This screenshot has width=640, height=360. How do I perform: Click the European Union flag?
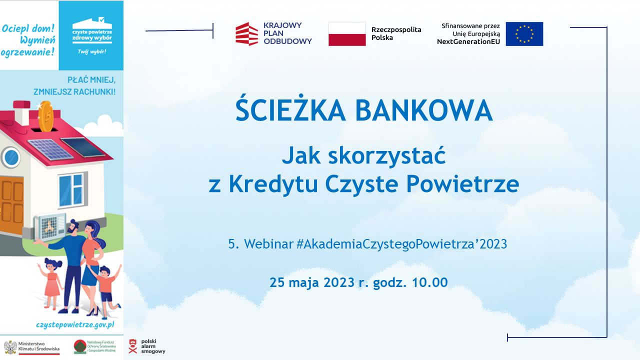point(524,34)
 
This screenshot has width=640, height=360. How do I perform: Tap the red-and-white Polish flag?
point(347,34)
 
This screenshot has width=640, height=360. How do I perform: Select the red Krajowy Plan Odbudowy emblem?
point(246,33)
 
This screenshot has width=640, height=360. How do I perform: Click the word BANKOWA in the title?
point(424,110)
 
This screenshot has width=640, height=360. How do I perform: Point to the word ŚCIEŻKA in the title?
point(290,110)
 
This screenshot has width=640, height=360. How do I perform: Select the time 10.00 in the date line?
point(429,282)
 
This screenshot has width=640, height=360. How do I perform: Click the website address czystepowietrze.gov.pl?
point(75,324)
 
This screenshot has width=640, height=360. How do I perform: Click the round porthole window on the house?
point(9,156)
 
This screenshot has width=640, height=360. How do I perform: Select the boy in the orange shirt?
point(106,287)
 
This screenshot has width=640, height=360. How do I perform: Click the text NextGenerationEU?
point(468,41)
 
